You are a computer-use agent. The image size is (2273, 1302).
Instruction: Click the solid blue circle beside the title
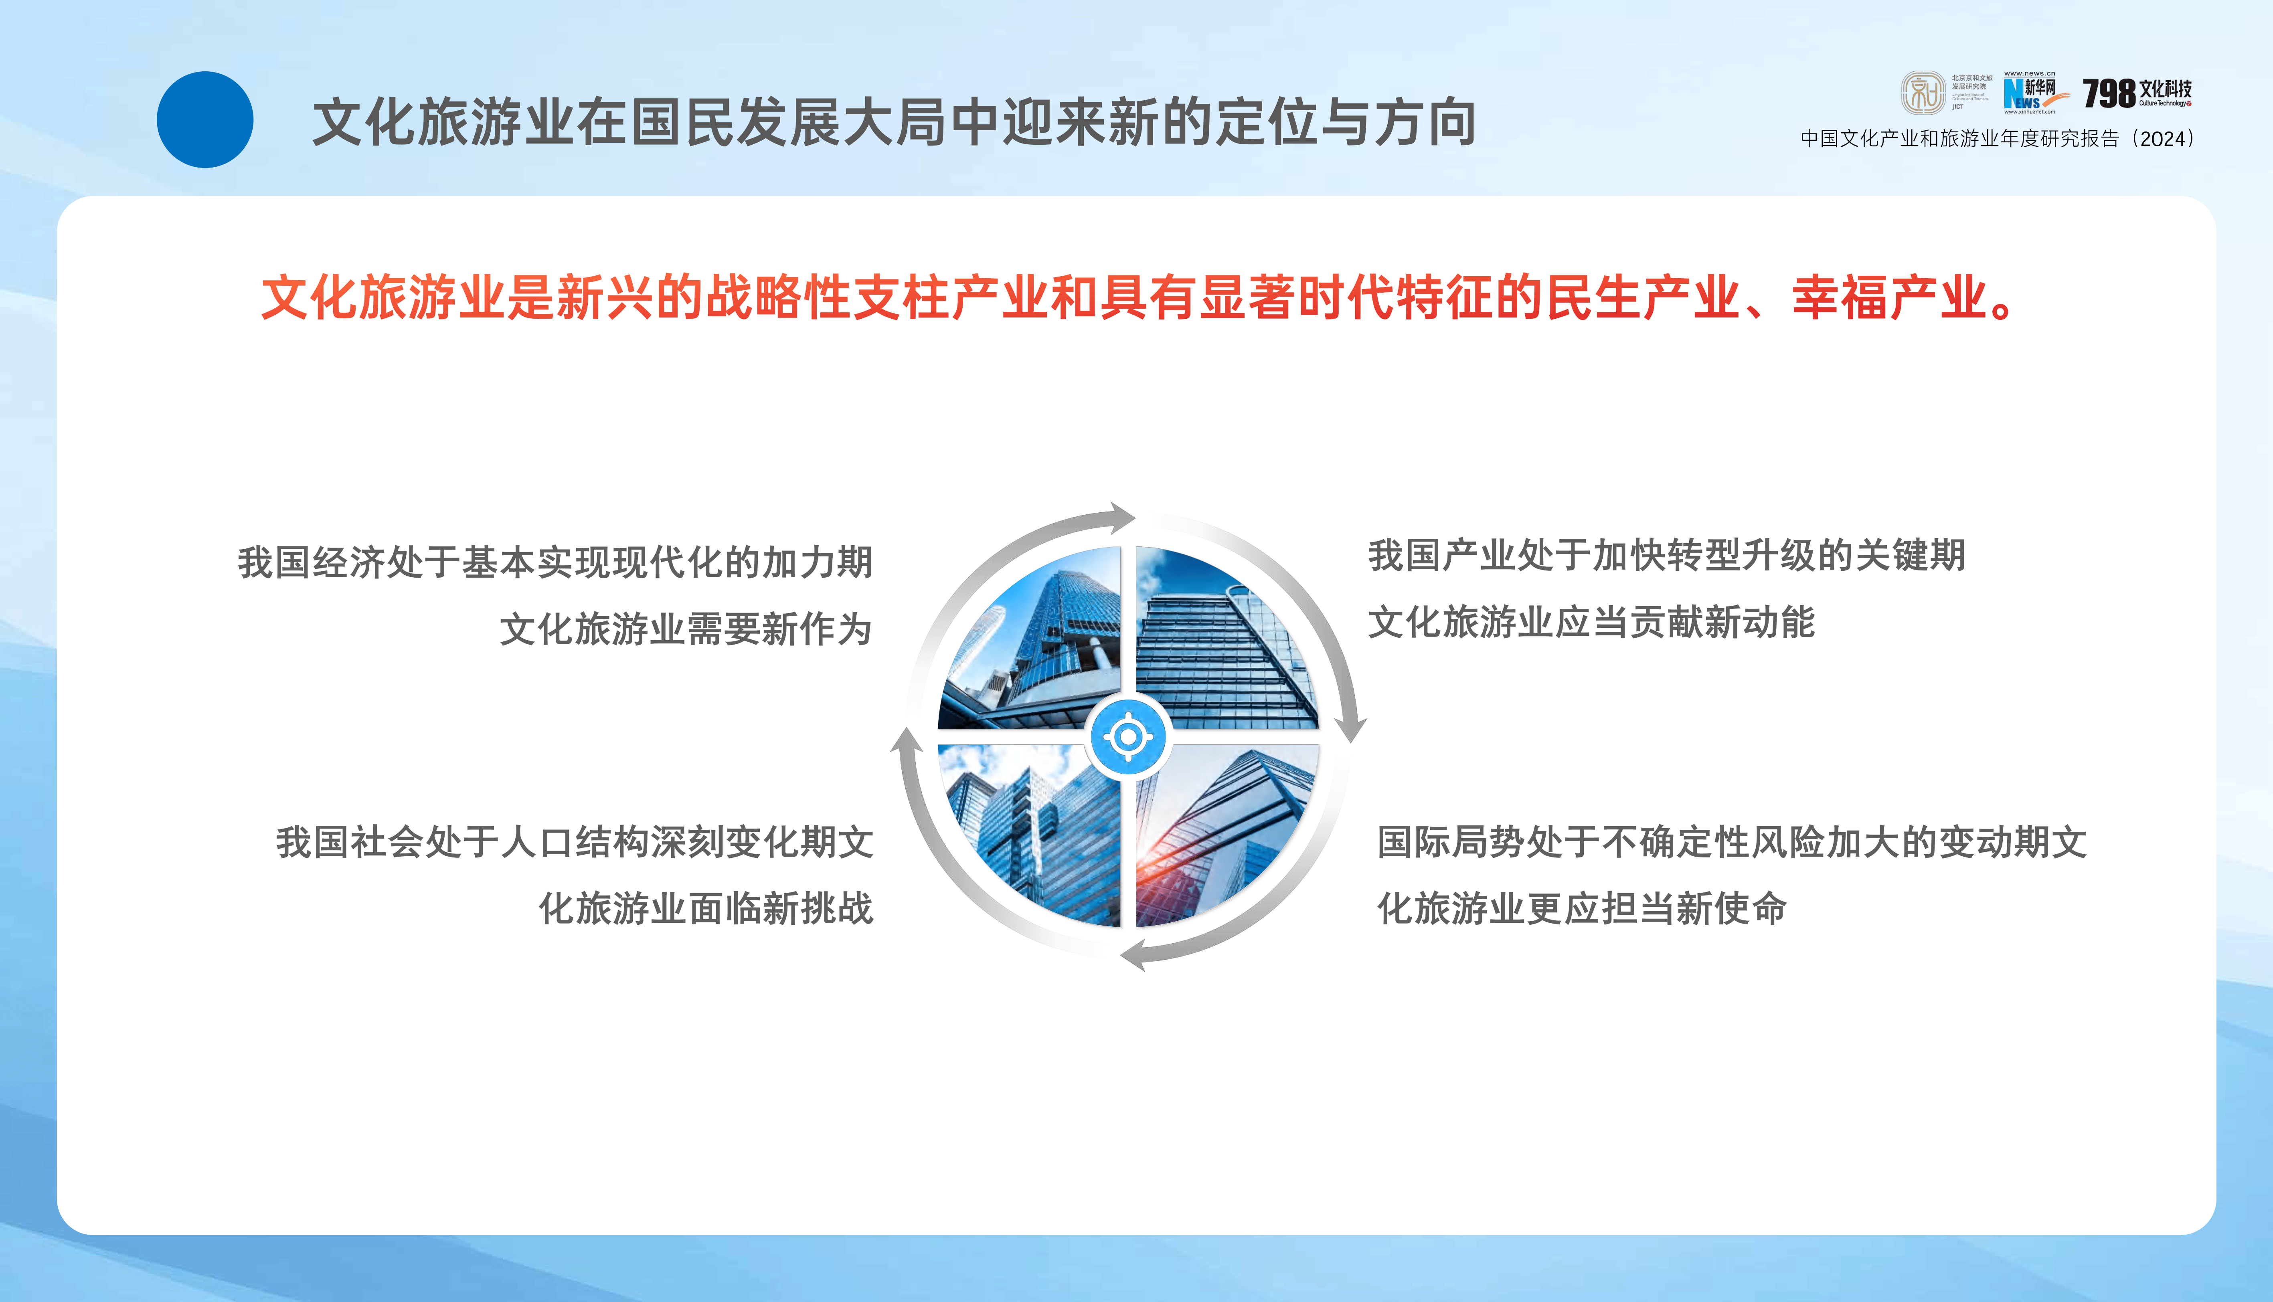[205, 120]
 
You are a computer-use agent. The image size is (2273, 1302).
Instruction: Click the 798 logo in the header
[2136, 92]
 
